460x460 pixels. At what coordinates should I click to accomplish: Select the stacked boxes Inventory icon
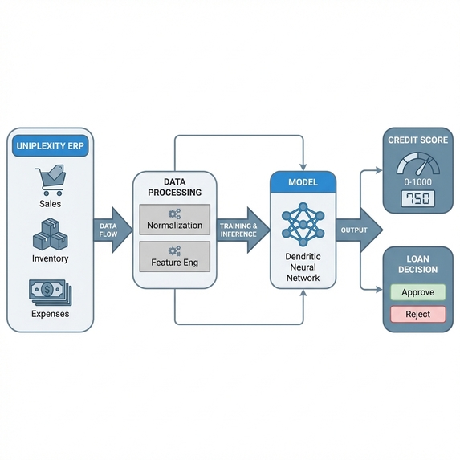[50, 235]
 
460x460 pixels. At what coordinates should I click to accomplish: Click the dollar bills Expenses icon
[50, 291]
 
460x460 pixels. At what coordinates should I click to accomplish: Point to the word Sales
[50, 204]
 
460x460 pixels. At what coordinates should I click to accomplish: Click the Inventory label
[50, 258]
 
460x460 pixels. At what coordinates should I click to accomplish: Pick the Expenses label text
[50, 314]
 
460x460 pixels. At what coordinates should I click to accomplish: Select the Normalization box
[174, 220]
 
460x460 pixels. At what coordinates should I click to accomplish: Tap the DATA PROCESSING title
[174, 188]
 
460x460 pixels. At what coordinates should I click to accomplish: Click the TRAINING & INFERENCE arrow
[241, 230]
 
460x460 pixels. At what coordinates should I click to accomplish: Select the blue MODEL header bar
[303, 182]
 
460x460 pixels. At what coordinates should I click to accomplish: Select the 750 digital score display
[417, 198]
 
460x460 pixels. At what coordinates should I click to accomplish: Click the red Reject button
[417, 315]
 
